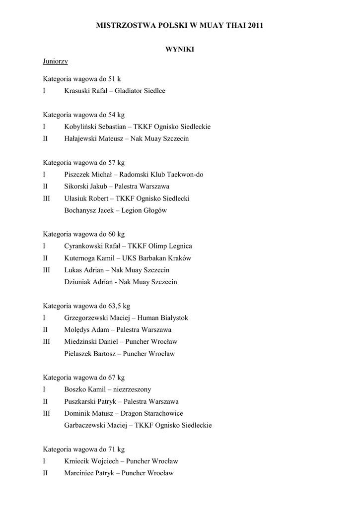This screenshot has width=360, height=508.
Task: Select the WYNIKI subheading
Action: pyautogui.click(x=179, y=49)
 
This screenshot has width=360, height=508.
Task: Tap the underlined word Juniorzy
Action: pyautogui.click(x=55, y=62)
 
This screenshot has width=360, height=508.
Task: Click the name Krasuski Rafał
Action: pyautogui.click(x=85, y=91)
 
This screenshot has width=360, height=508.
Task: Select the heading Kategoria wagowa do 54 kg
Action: pyautogui.click(x=83, y=115)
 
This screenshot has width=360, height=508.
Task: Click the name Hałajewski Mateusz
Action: pyautogui.click(x=94, y=138)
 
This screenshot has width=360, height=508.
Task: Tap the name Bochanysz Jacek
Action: pyautogui.click(x=87, y=210)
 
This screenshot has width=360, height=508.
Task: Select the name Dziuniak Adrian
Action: pyautogui.click(x=89, y=282)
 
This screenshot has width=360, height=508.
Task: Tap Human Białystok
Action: pyautogui.click(x=163, y=317)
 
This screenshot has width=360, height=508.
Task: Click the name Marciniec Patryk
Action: pyautogui.click(x=89, y=473)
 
